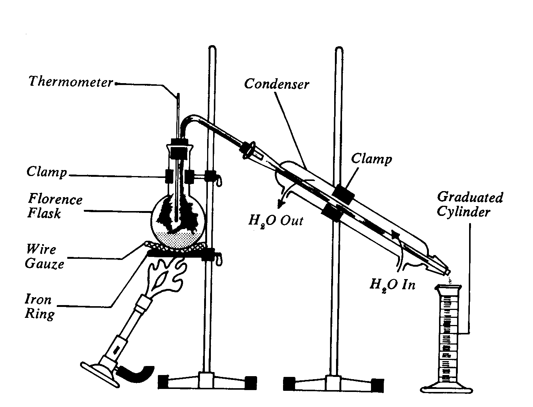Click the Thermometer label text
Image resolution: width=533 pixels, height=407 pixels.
click(71, 82)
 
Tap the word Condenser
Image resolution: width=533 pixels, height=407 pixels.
click(276, 84)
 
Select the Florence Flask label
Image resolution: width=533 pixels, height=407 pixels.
click(55, 206)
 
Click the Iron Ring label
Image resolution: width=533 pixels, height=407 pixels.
click(39, 307)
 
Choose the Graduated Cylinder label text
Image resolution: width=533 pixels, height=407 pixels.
click(469, 204)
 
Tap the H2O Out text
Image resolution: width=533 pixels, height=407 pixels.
click(276, 220)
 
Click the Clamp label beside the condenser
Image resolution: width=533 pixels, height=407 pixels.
click(371, 159)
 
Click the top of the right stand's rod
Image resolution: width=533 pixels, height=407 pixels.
click(339, 51)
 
